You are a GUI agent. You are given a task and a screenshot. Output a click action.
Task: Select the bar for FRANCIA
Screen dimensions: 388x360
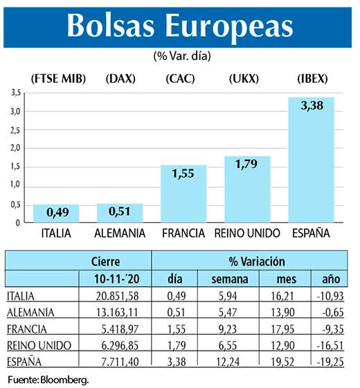[183, 195]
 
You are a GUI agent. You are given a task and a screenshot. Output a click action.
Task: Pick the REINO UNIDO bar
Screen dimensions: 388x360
[247, 190]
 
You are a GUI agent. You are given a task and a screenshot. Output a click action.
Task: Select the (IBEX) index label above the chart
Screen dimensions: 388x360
[311, 78]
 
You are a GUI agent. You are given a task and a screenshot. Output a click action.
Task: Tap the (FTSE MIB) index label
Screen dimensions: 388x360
[58, 78]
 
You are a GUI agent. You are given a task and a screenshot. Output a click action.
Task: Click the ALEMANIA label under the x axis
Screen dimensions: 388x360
[120, 234]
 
